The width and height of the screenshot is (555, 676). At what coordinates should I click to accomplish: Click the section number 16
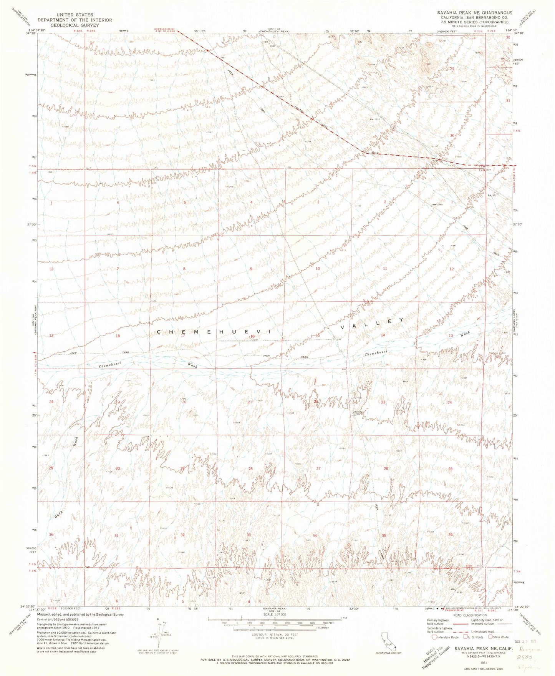(x=252, y=337)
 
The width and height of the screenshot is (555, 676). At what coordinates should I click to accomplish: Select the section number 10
(x=318, y=269)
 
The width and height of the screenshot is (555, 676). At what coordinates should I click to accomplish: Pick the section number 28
(x=250, y=468)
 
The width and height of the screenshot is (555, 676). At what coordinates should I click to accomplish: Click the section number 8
(x=184, y=269)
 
